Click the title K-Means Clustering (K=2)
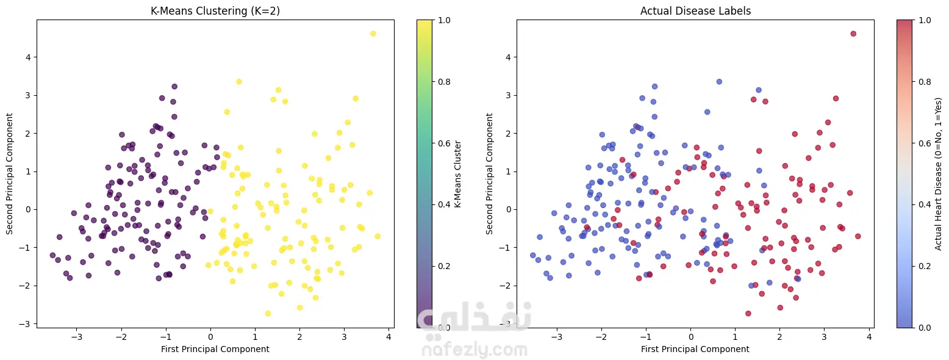click(215, 10)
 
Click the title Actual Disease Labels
click(695, 10)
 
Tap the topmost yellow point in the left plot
click(373, 34)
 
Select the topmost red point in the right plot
click(853, 34)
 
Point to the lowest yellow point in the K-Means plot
click(268, 314)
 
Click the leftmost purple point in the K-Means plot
click(52, 255)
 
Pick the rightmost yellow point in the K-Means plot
click(378, 236)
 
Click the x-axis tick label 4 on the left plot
click(389, 337)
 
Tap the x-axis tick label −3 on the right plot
click(557, 337)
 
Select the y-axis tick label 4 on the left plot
click(28, 57)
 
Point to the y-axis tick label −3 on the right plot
click(506, 323)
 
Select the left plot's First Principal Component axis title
click(215, 349)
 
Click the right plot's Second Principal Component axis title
click(490, 174)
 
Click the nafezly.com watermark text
click(474, 350)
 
